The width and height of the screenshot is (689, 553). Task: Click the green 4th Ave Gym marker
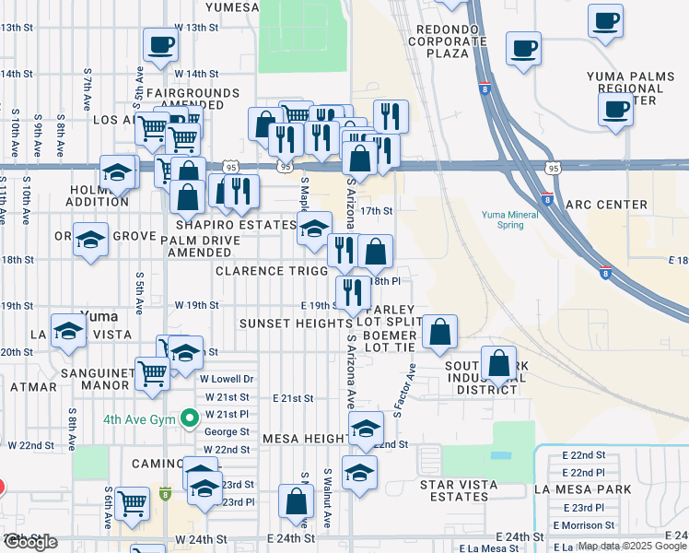tap(190, 418)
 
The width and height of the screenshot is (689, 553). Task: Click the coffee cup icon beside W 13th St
tap(160, 45)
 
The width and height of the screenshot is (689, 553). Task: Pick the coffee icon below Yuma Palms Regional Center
tap(615, 109)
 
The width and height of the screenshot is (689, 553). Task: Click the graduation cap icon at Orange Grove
tap(90, 241)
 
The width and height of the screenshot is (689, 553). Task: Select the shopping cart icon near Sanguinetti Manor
tap(152, 373)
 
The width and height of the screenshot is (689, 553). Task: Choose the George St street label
tap(228, 431)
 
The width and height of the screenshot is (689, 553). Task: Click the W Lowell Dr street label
tap(227, 379)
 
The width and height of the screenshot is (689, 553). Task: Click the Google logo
tap(30, 542)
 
